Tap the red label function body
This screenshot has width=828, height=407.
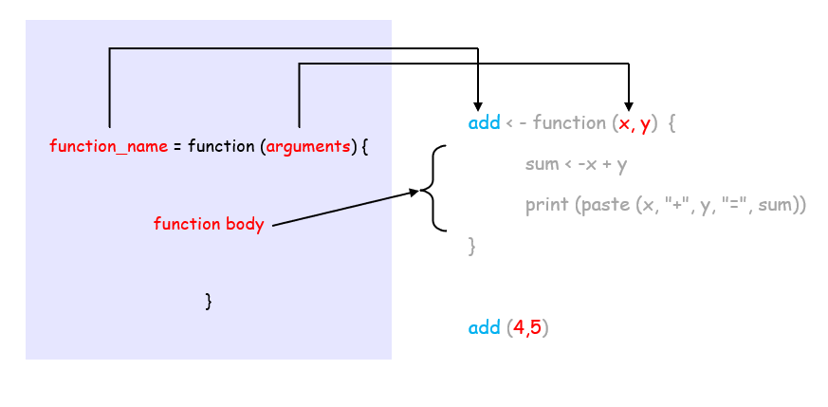click(209, 224)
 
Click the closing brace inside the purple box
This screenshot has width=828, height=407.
click(208, 302)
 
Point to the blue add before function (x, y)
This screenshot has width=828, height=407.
click(485, 123)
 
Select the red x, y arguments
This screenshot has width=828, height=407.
click(634, 123)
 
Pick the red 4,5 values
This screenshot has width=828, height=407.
click(528, 328)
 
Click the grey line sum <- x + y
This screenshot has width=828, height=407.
click(576, 164)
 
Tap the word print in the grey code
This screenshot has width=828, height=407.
click(546, 205)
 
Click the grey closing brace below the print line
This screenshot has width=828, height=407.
click(471, 247)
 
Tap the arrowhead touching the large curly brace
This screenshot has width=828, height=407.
click(413, 193)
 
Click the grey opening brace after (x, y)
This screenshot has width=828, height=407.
click(672, 123)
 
